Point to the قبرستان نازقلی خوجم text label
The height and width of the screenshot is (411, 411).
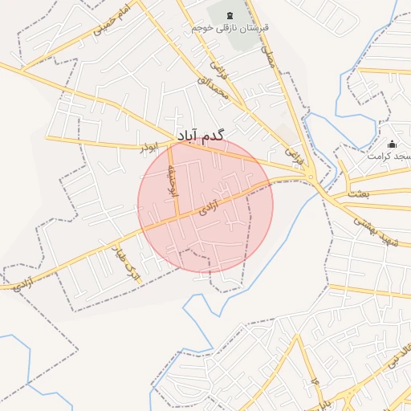pos(230,27)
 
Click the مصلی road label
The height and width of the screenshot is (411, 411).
pos(271,54)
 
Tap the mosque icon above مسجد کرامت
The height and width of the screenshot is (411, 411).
pos(392,144)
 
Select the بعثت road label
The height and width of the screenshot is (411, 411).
pos(359,193)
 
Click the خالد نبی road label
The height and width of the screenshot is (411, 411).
pos(398,353)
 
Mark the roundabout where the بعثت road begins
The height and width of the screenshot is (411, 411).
pos(311,177)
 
